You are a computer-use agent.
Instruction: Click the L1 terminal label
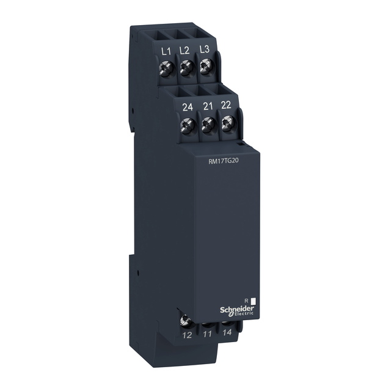pyautogui.click(x=164, y=51)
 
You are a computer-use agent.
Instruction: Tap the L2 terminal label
pyautogui.click(x=183, y=51)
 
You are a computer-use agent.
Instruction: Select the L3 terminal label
pyautogui.click(x=203, y=51)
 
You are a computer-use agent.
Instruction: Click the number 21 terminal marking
pyautogui.click(x=207, y=106)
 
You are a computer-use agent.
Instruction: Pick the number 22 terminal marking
pyautogui.click(x=226, y=105)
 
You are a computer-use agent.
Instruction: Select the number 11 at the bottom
pyautogui.click(x=208, y=334)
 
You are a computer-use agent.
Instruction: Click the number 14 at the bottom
pyautogui.click(x=227, y=334)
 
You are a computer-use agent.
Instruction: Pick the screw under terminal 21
pyautogui.click(x=208, y=126)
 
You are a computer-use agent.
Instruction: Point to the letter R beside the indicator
pyautogui.click(x=244, y=301)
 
